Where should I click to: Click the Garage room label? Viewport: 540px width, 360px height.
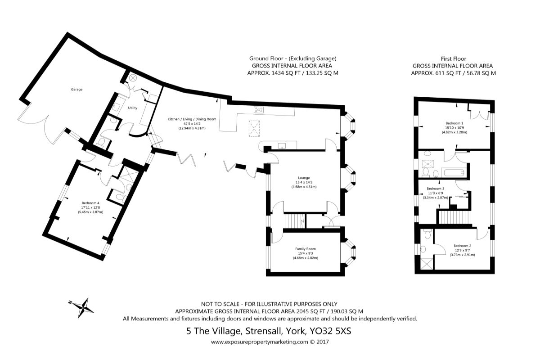(76, 90)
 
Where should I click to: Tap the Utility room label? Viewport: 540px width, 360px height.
(133, 108)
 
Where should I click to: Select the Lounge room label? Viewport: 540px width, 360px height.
(304, 178)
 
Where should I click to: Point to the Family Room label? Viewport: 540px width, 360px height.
(306, 249)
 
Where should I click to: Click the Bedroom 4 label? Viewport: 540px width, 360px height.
(90, 203)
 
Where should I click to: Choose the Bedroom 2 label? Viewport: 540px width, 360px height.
(463, 246)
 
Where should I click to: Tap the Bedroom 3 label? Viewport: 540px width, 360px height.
(436, 189)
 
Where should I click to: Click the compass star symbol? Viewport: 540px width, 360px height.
(83, 308)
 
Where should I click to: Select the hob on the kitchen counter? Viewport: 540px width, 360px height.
(259, 110)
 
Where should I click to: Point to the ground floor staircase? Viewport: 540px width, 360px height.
(295, 220)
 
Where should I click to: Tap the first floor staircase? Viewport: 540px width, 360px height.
(454, 217)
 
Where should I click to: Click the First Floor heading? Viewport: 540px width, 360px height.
(454, 58)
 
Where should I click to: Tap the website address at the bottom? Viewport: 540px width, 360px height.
(260, 342)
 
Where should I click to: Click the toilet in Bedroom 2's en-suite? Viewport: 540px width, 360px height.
(427, 234)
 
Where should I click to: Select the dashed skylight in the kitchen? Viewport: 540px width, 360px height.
(254, 129)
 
